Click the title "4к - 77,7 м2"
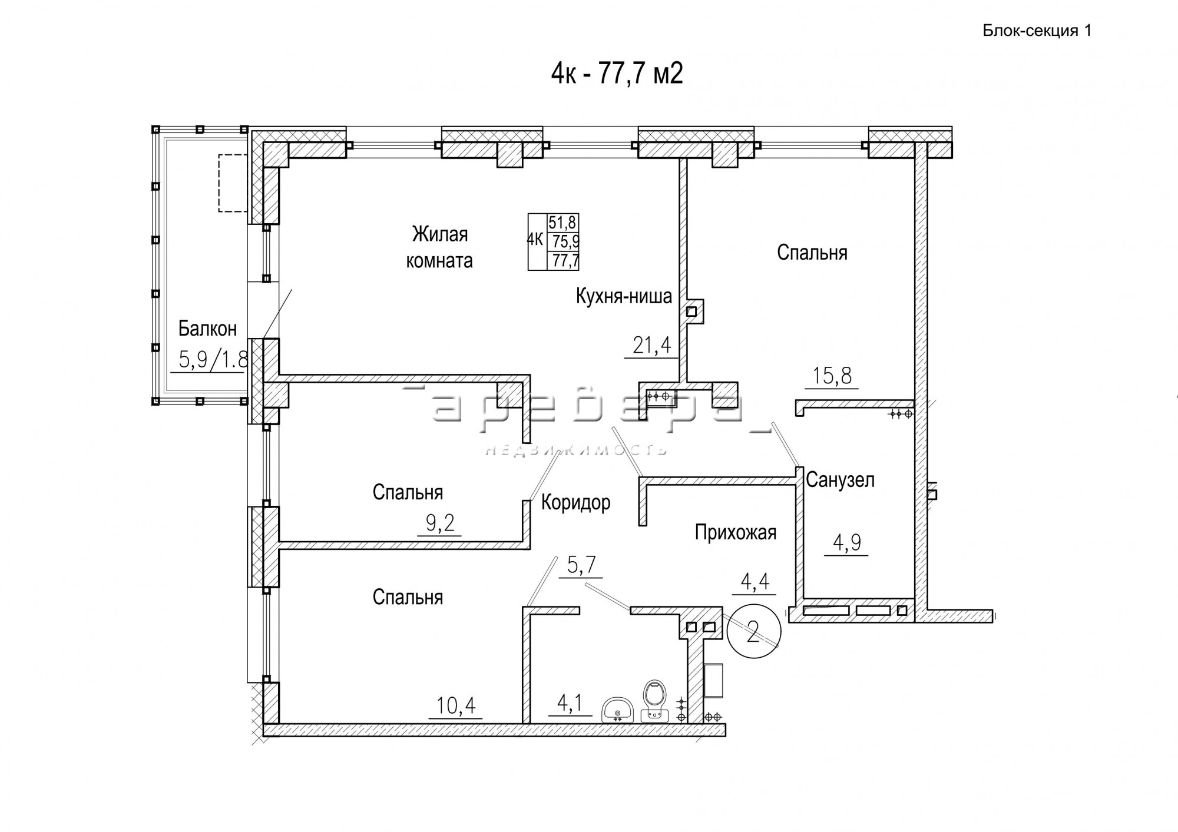617,75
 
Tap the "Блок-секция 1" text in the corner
1037,31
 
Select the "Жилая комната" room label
439,247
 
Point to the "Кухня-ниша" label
624,296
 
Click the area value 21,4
652,345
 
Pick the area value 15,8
832,375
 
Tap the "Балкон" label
207,329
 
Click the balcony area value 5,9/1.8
212,359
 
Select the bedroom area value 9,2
439,523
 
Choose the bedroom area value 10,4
456,705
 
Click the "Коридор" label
575,503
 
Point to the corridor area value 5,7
581,566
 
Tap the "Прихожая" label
736,532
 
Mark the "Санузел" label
840,480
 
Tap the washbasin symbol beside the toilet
617,710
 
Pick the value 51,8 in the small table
563,223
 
